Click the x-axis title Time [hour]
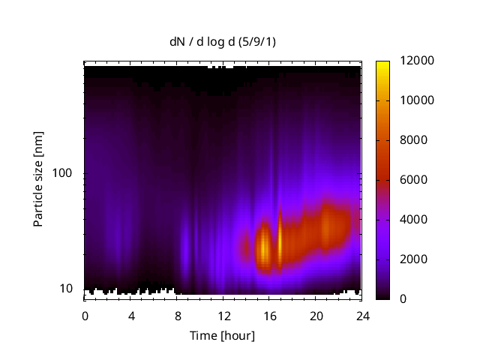pos(221,335)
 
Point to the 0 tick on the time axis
pos(85,316)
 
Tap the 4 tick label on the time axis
pos(131,316)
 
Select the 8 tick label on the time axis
pos(177,316)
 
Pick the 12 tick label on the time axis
pos(223,316)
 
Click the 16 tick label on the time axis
pos(270,316)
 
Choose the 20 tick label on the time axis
pos(316,316)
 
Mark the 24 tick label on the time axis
pos(362,316)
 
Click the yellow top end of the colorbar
pos(382,64)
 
